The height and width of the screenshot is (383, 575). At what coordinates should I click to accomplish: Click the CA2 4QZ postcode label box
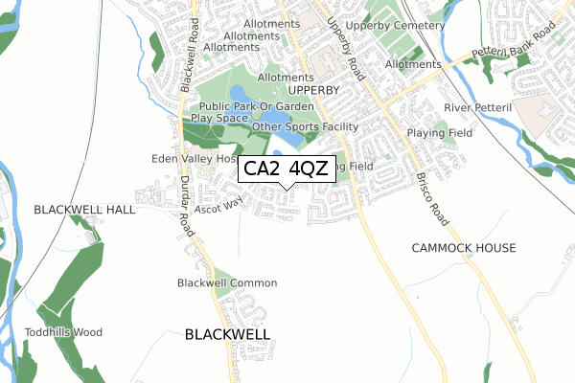pyautogui.click(x=287, y=169)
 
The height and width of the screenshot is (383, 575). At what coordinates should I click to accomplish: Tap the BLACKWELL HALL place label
pyautogui.click(x=74, y=209)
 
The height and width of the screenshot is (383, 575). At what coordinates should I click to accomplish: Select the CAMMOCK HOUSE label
pyautogui.click(x=464, y=248)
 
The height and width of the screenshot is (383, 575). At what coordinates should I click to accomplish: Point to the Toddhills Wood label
pyautogui.click(x=63, y=332)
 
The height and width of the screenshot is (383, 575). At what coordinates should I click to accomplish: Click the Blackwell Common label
pyautogui.click(x=227, y=283)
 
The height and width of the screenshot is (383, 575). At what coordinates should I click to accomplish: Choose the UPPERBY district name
pyautogui.click(x=313, y=90)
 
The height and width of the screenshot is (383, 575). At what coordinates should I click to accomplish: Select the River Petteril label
pyautogui.click(x=481, y=107)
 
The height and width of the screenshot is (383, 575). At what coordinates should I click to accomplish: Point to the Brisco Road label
pyautogui.click(x=433, y=197)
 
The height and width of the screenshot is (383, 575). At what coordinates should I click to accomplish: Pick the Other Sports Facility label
pyautogui.click(x=305, y=126)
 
